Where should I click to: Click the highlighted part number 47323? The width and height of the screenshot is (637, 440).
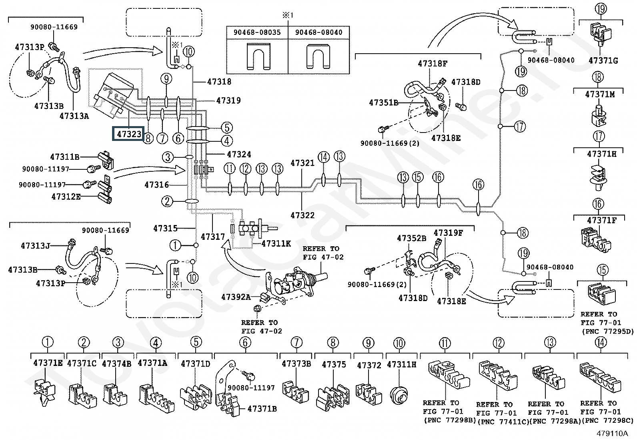pos(129,134)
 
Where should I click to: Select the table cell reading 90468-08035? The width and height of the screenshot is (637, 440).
pos(257,32)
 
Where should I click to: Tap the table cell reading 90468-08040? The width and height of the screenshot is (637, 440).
pos(318,32)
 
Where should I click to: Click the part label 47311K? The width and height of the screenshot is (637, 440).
pos(276,244)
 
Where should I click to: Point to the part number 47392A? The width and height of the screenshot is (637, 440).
pos(236,297)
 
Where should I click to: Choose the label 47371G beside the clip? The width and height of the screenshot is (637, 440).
pos(603,60)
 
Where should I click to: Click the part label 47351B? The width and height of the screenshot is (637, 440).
pos(384,103)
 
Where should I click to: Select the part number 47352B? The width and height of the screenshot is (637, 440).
pos(411,238)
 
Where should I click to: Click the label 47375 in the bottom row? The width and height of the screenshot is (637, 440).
pos(334,365)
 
